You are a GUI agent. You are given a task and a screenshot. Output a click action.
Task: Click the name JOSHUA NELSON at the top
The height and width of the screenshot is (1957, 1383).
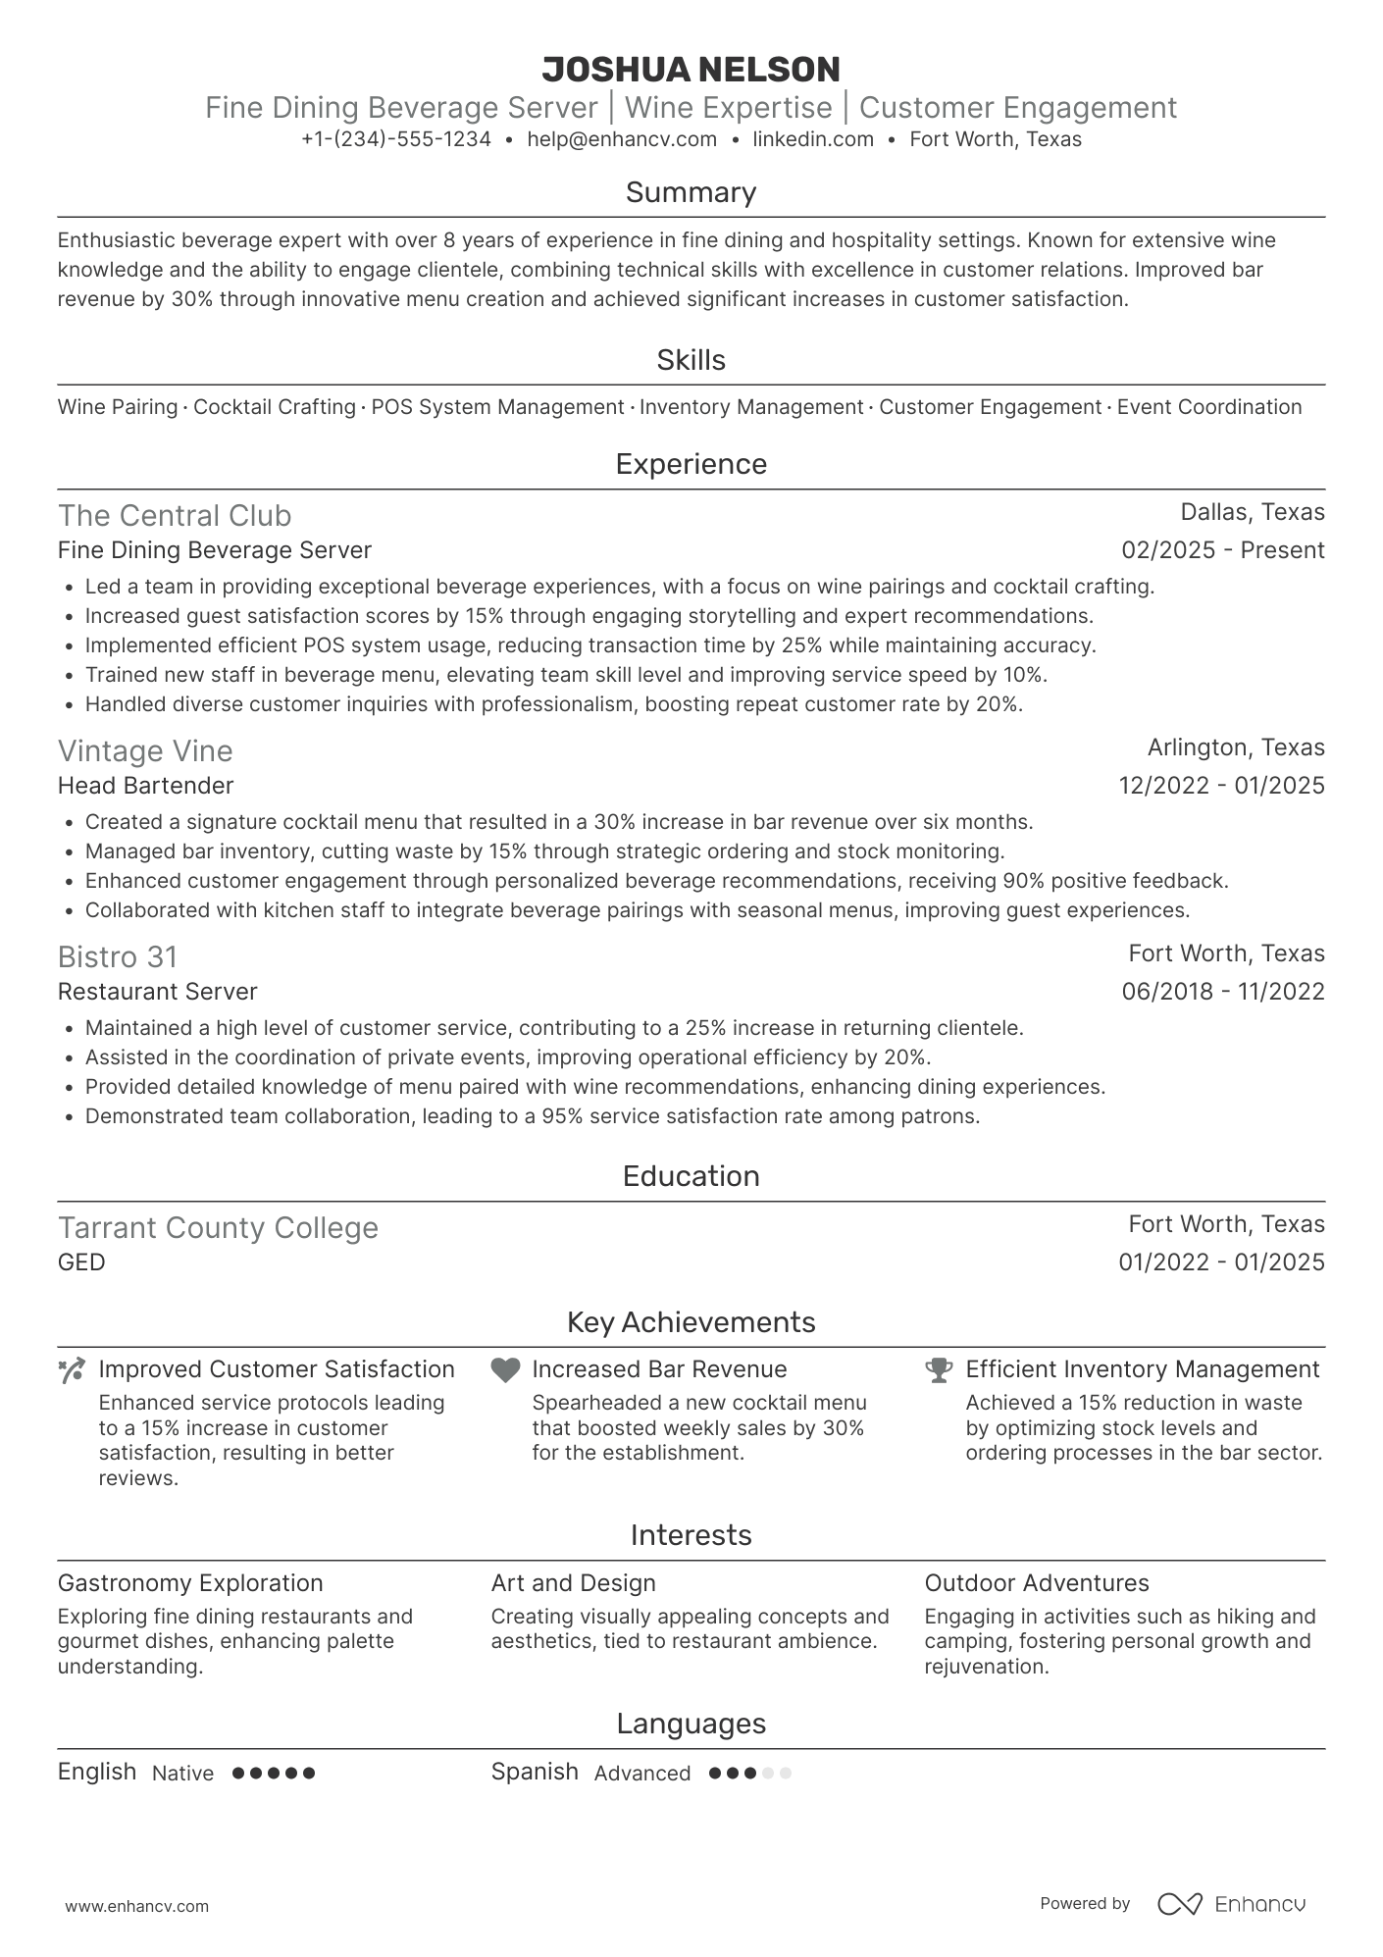tap(691, 70)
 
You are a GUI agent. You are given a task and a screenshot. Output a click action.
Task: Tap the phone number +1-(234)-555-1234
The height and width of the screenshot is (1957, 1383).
tap(395, 139)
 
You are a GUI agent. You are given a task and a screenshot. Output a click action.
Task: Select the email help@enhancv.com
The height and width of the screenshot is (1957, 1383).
tap(622, 139)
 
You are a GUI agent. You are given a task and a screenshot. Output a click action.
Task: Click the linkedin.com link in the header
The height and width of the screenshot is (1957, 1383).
tap(813, 139)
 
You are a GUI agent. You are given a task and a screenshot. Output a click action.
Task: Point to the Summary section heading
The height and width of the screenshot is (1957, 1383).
tap(691, 192)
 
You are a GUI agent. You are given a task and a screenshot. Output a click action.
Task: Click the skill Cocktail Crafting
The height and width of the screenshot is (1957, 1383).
tap(275, 407)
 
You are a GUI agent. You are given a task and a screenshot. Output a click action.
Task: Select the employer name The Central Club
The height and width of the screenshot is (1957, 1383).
tap(175, 516)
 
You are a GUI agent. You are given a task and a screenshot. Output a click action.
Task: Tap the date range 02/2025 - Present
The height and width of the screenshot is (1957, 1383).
tap(1222, 550)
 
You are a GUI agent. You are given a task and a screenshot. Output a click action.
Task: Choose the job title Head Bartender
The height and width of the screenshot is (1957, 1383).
tap(145, 786)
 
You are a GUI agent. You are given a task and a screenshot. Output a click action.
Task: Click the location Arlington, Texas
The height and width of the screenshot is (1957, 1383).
tap(1236, 747)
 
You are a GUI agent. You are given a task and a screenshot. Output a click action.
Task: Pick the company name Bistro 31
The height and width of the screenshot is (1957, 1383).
tap(118, 957)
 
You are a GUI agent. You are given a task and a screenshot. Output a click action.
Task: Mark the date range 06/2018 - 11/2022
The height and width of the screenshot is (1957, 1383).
tap(1222, 992)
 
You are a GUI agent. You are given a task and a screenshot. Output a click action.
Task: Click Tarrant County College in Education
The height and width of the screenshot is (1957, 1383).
tap(218, 1228)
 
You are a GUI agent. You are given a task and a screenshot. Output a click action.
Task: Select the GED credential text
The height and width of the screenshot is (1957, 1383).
tap(81, 1262)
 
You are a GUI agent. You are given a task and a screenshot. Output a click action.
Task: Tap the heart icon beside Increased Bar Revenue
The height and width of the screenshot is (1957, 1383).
tap(505, 1370)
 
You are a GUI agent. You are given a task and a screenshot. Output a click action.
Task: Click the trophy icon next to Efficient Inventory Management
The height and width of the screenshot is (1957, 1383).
tap(939, 1370)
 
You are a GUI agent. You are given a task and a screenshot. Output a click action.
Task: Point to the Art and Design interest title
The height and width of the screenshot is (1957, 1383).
tap(573, 1583)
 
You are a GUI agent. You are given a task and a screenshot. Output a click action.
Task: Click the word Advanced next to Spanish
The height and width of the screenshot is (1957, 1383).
tap(642, 1774)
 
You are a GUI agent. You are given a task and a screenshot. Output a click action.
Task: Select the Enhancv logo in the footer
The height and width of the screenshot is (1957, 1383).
tap(1232, 1904)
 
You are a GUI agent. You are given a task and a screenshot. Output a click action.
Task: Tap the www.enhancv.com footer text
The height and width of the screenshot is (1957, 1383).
tap(137, 1906)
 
